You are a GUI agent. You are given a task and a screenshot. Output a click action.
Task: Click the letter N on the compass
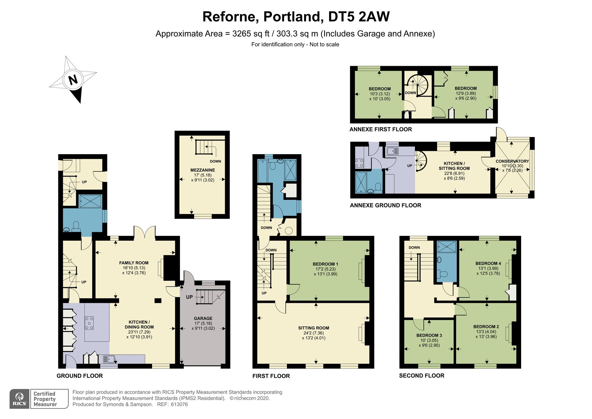(x=73, y=80)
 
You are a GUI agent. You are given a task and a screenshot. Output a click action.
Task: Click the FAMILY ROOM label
(x=134, y=263)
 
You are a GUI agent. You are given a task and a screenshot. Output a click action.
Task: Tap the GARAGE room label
(x=203, y=318)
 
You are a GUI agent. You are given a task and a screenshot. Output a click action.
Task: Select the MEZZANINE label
(x=202, y=170)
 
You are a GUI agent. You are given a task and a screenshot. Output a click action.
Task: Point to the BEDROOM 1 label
(x=325, y=264)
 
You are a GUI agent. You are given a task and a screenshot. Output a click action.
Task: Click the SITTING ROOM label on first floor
(x=313, y=328)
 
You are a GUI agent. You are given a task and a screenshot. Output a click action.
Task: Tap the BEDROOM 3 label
(x=429, y=335)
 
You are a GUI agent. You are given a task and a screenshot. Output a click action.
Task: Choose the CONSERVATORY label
(x=512, y=161)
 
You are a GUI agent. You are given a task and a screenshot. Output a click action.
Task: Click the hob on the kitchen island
(x=89, y=323)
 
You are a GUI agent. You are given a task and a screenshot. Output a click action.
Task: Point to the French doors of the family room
(x=144, y=233)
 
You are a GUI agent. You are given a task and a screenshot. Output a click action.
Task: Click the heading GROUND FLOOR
(x=80, y=376)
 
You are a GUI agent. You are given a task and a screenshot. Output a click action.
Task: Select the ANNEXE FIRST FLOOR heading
(x=380, y=129)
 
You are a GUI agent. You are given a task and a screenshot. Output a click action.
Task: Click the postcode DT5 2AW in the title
(x=358, y=17)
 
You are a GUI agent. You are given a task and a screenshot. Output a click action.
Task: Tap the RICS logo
(x=19, y=399)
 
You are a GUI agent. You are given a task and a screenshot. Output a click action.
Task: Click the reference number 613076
(x=179, y=405)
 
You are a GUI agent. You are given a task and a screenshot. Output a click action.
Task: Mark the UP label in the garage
(x=189, y=297)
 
